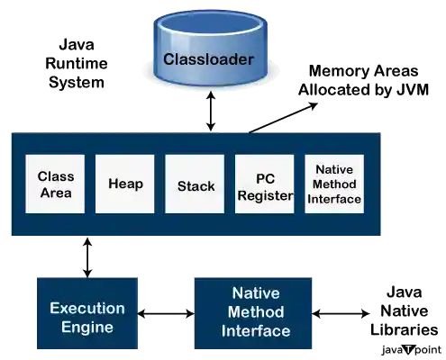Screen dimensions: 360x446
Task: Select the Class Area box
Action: click(55, 184)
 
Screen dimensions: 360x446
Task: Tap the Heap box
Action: click(125, 184)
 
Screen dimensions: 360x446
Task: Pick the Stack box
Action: click(196, 184)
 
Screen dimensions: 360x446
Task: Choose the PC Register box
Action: click(265, 184)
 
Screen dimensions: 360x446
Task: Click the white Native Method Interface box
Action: click(334, 184)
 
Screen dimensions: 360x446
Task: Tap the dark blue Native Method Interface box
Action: click(255, 312)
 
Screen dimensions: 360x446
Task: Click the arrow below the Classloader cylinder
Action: click(213, 112)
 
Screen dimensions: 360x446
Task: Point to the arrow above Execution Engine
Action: click(86, 256)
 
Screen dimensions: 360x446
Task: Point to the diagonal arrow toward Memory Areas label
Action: click(280, 118)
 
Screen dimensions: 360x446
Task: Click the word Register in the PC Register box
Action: click(265, 193)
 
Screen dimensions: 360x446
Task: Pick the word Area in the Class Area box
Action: click(55, 193)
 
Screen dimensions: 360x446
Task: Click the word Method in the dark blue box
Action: click(255, 312)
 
